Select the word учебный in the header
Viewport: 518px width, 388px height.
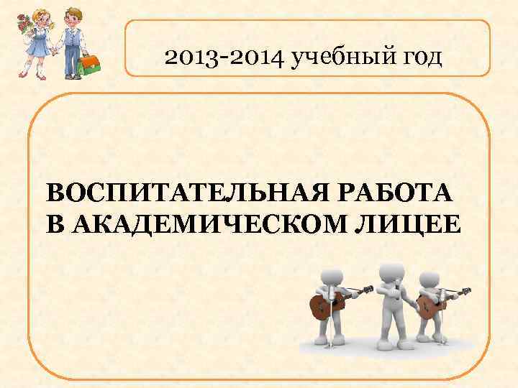point(335,56)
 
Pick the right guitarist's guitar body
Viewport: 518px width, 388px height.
point(429,308)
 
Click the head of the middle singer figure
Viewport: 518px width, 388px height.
point(391,272)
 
